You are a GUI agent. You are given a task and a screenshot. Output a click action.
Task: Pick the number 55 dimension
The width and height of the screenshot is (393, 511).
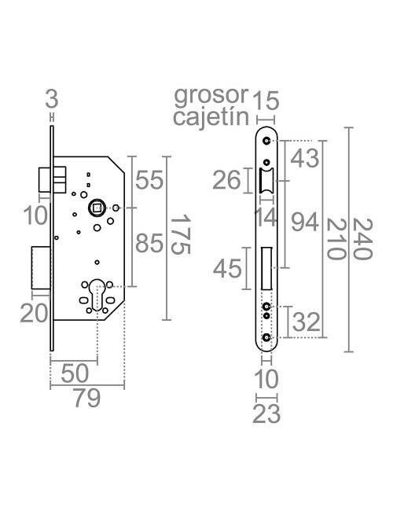pos(149,181)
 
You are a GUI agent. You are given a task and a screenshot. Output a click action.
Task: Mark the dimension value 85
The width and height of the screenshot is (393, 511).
pos(149,245)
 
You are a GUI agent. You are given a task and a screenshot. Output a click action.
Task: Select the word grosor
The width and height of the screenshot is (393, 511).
pos(211,99)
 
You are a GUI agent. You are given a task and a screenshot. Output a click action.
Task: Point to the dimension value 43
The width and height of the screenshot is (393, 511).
pos(305,158)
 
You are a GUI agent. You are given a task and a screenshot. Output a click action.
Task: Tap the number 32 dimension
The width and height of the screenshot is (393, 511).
pos(307,322)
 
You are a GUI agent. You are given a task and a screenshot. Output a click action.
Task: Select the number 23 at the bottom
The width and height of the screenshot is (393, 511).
pos(267,414)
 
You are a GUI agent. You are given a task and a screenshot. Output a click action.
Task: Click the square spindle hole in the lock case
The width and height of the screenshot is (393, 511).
pos(98,208)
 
